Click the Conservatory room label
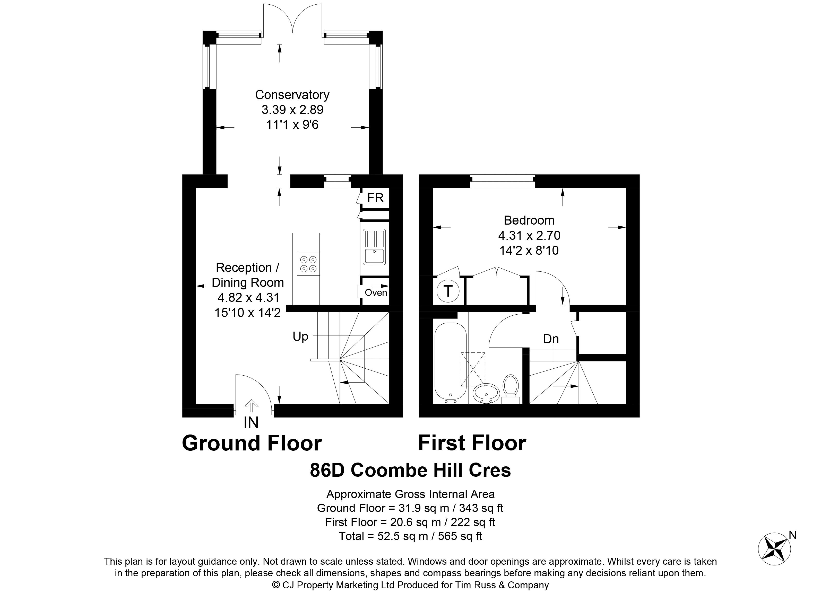(x=292, y=95)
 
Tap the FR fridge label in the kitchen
(x=375, y=198)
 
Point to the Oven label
(x=376, y=292)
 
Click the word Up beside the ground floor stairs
(x=300, y=337)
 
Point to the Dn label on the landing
(x=551, y=339)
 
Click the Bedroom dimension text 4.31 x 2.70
(x=529, y=235)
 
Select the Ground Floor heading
(x=252, y=443)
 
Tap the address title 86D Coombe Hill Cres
(x=410, y=470)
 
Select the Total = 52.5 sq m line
(x=410, y=536)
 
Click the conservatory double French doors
(x=292, y=20)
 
